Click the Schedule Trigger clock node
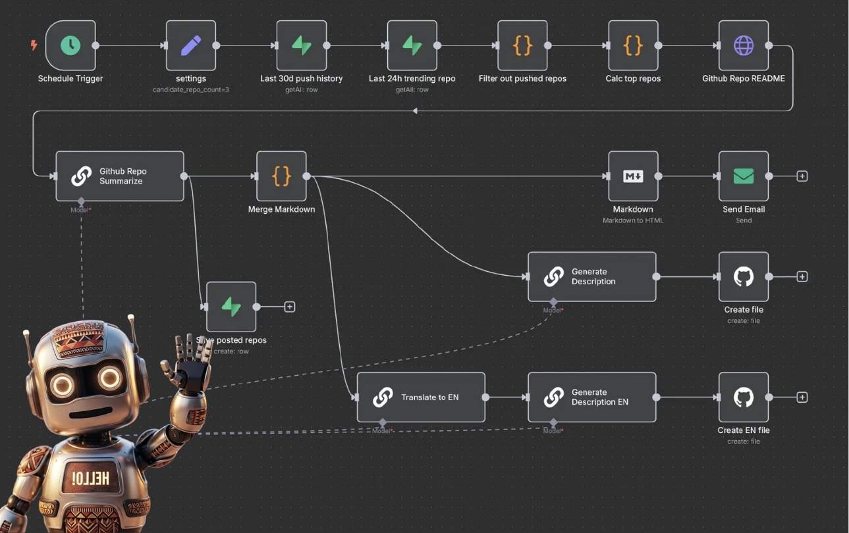[70, 45]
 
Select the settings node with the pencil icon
[191, 45]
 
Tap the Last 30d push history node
[302, 45]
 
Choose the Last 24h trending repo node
[412, 45]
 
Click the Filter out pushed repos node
[522, 45]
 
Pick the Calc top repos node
[633, 45]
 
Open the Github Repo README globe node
[744, 45]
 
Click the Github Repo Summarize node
[119, 176]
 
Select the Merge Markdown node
[281, 176]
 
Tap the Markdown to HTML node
[633, 176]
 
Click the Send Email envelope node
[744, 176]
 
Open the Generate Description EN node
[591, 397]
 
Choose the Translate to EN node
[421, 397]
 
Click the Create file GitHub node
[744, 277]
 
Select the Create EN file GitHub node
[744, 397]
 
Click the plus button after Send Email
[802, 176]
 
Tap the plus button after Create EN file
[802, 397]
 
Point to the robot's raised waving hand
[191, 359]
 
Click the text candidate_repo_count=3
[191, 89]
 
